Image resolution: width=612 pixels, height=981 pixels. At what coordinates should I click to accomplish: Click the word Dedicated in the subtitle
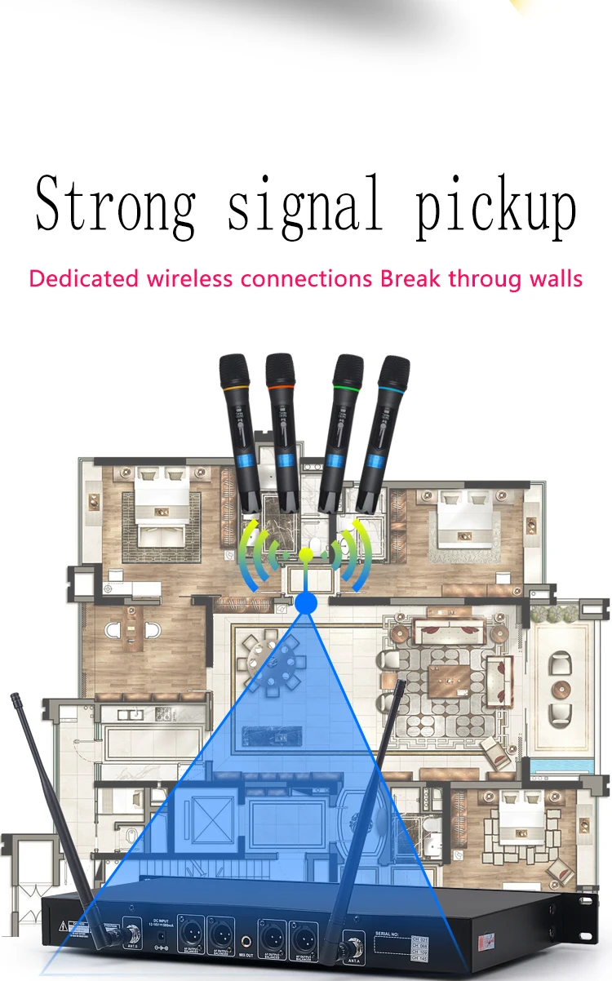coord(84,278)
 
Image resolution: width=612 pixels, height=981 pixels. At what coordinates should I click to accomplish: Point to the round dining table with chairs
coord(278,662)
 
